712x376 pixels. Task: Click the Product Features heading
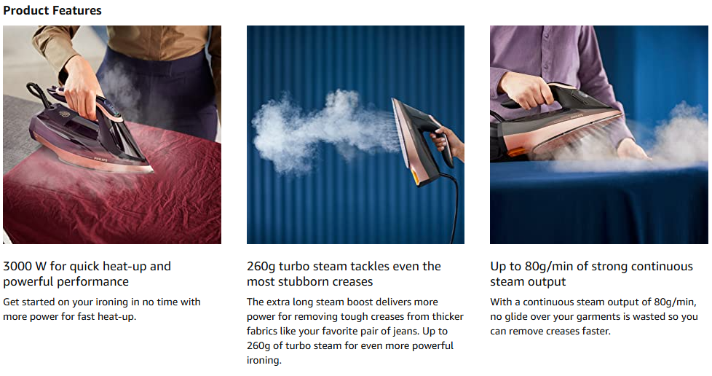tap(52, 10)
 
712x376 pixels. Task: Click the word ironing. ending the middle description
tap(264, 361)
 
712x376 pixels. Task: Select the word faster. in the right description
tap(596, 331)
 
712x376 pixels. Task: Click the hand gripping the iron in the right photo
tap(526, 90)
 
